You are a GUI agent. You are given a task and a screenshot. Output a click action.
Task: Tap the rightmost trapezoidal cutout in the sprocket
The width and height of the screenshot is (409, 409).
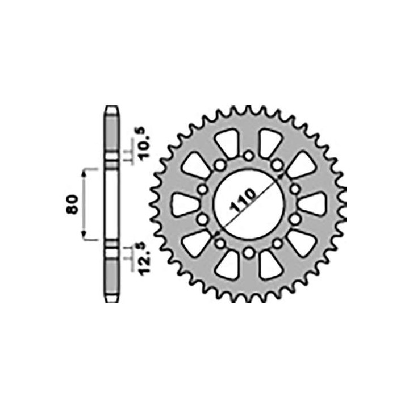(312, 204)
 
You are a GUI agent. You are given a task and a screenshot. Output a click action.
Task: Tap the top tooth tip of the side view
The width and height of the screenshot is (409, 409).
(112, 108)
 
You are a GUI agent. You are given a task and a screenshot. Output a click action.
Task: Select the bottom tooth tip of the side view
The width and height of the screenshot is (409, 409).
(112, 301)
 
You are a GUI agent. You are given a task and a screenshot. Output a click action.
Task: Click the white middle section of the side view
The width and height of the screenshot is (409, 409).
(112, 204)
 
